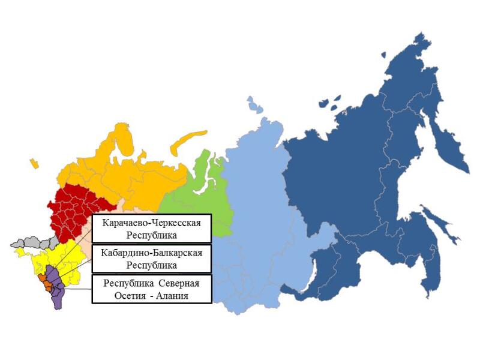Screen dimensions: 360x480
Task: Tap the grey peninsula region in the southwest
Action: [x=30, y=242]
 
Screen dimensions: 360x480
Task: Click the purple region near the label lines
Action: [x=57, y=294]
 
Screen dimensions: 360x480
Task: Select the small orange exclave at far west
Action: [x=34, y=163]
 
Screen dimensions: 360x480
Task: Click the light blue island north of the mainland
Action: [x=255, y=105]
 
